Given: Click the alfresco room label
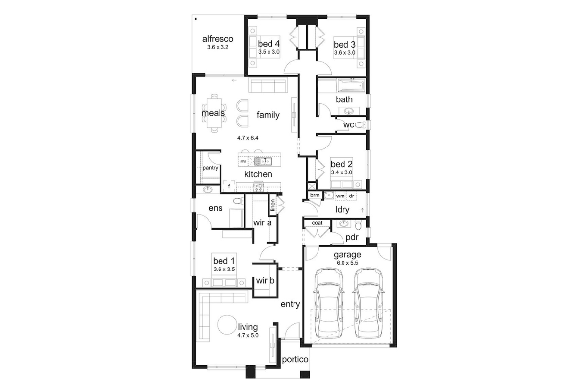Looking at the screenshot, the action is [218, 39].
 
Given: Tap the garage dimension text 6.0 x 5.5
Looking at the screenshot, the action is [347, 263].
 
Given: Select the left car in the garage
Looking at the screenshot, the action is [329, 303].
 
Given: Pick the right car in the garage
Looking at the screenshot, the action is [368, 303].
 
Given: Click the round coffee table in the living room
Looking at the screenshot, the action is [227, 324].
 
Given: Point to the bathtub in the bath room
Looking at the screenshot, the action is [351, 85].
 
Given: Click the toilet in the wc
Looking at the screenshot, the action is [360, 125].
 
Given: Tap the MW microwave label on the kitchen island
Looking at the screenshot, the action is [244, 162].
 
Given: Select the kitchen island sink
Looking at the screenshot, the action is [263, 162].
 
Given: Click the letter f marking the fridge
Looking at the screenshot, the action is [229, 186].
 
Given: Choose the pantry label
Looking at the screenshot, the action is [210, 168].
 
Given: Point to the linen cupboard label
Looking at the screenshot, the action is [273, 205].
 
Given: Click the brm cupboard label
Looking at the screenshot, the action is [315, 195].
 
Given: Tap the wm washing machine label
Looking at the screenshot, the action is [340, 196].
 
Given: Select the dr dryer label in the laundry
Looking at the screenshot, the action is [352, 196].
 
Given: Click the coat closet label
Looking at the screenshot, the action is [317, 223].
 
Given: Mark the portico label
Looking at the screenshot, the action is [295, 360].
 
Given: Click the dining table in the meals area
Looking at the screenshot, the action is [214, 113].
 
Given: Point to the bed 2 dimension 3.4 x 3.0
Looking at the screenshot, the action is [342, 172].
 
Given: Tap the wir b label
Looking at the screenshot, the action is [265, 281].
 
